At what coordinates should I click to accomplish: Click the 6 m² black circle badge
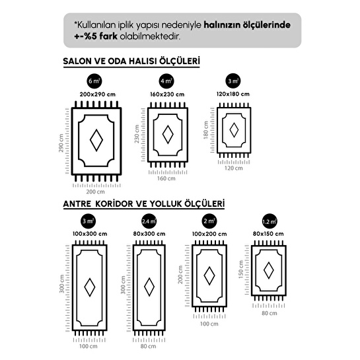click(94, 81)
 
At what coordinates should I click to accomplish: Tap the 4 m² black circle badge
click(166, 81)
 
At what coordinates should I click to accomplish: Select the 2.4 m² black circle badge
click(149, 221)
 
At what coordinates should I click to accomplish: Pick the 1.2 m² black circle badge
click(270, 221)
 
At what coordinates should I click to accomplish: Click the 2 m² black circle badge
click(209, 221)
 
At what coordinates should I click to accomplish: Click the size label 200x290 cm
click(98, 94)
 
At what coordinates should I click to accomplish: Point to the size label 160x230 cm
click(167, 94)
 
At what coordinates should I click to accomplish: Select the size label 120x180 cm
click(233, 94)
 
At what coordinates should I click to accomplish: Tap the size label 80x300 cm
click(149, 234)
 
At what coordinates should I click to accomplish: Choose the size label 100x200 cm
click(209, 234)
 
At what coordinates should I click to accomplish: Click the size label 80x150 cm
click(268, 234)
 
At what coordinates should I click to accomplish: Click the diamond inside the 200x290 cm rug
click(96, 140)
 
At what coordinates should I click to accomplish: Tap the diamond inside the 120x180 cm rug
click(234, 130)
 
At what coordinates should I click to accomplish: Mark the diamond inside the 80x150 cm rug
click(269, 270)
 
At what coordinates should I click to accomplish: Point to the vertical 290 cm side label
click(61, 143)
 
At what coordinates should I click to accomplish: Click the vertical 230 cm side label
click(137, 134)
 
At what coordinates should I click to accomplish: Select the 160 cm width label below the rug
click(166, 178)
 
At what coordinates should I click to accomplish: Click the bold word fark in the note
click(106, 36)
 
